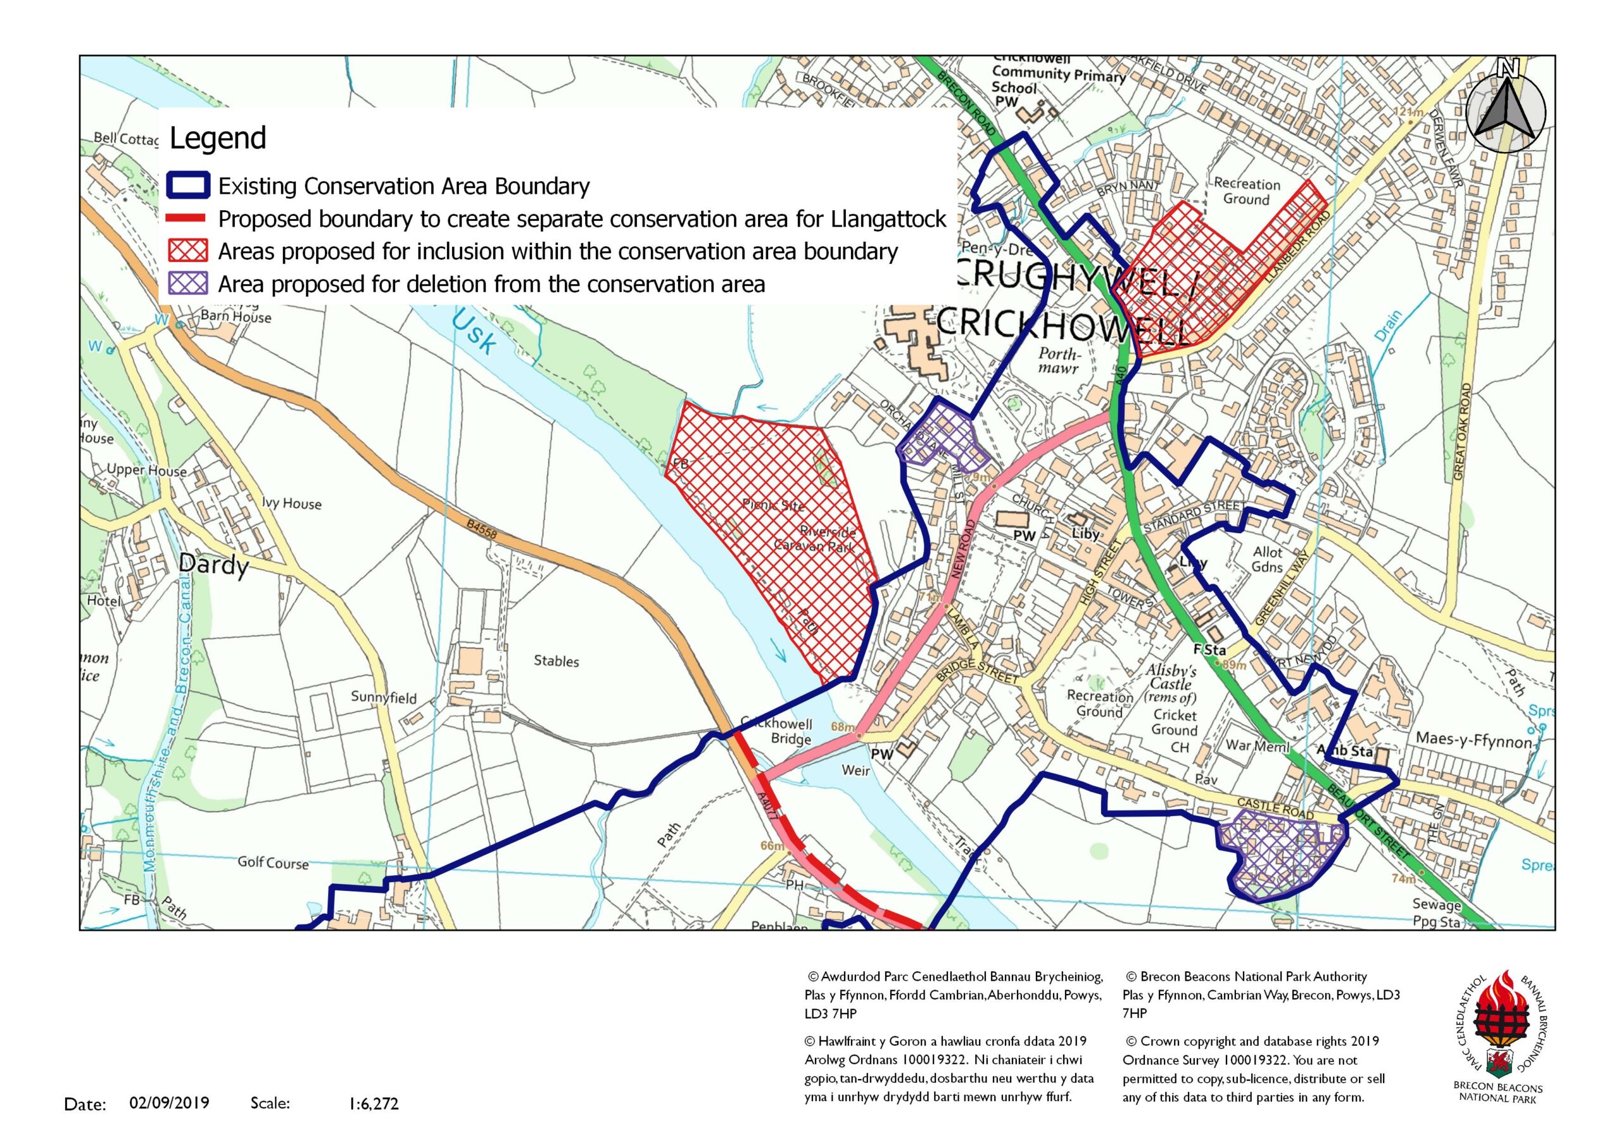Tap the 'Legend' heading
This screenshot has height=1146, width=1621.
[217, 137]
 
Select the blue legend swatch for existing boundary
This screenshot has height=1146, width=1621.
[188, 186]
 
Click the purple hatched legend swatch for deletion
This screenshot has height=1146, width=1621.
[188, 284]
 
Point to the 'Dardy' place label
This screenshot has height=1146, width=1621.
[213, 565]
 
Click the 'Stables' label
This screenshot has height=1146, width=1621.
[557, 661]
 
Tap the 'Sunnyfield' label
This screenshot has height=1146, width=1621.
[383, 698]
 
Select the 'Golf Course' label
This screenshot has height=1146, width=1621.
[272, 862]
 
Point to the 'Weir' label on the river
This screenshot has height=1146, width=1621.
[855, 771]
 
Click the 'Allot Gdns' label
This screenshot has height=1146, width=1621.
[1267, 558]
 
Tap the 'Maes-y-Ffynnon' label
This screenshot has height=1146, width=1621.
[1473, 740]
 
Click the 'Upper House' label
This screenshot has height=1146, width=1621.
[147, 470]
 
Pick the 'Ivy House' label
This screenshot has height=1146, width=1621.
[291, 503]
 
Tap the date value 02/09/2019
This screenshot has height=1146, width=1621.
[170, 1102]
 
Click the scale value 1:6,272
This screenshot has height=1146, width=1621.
[374, 1104]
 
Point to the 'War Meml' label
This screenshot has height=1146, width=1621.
[1258, 746]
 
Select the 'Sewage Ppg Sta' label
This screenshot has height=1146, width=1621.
[1436, 913]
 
